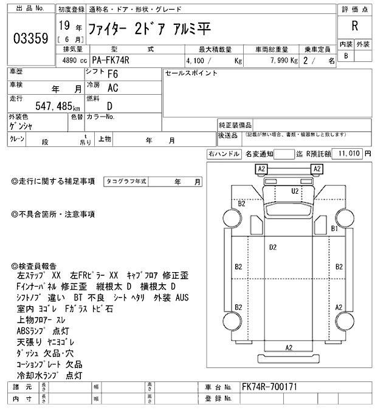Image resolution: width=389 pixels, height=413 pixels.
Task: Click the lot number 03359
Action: click(x=30, y=39)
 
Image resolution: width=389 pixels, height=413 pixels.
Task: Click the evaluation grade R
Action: click(x=354, y=26)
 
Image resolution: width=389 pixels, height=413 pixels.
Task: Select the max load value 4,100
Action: click(x=200, y=61)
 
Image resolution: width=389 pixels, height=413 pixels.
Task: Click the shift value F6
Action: click(x=112, y=74)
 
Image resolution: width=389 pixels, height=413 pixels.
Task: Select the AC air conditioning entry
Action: click(x=112, y=88)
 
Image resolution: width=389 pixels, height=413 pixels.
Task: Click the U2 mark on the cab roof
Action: click(x=295, y=191)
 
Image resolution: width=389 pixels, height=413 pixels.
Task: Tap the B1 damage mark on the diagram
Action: click(x=334, y=228)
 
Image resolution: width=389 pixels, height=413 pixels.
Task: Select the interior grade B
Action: click(x=346, y=56)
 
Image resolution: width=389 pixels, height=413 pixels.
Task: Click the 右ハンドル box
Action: click(x=223, y=154)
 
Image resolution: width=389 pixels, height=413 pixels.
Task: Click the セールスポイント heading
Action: click(x=191, y=73)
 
